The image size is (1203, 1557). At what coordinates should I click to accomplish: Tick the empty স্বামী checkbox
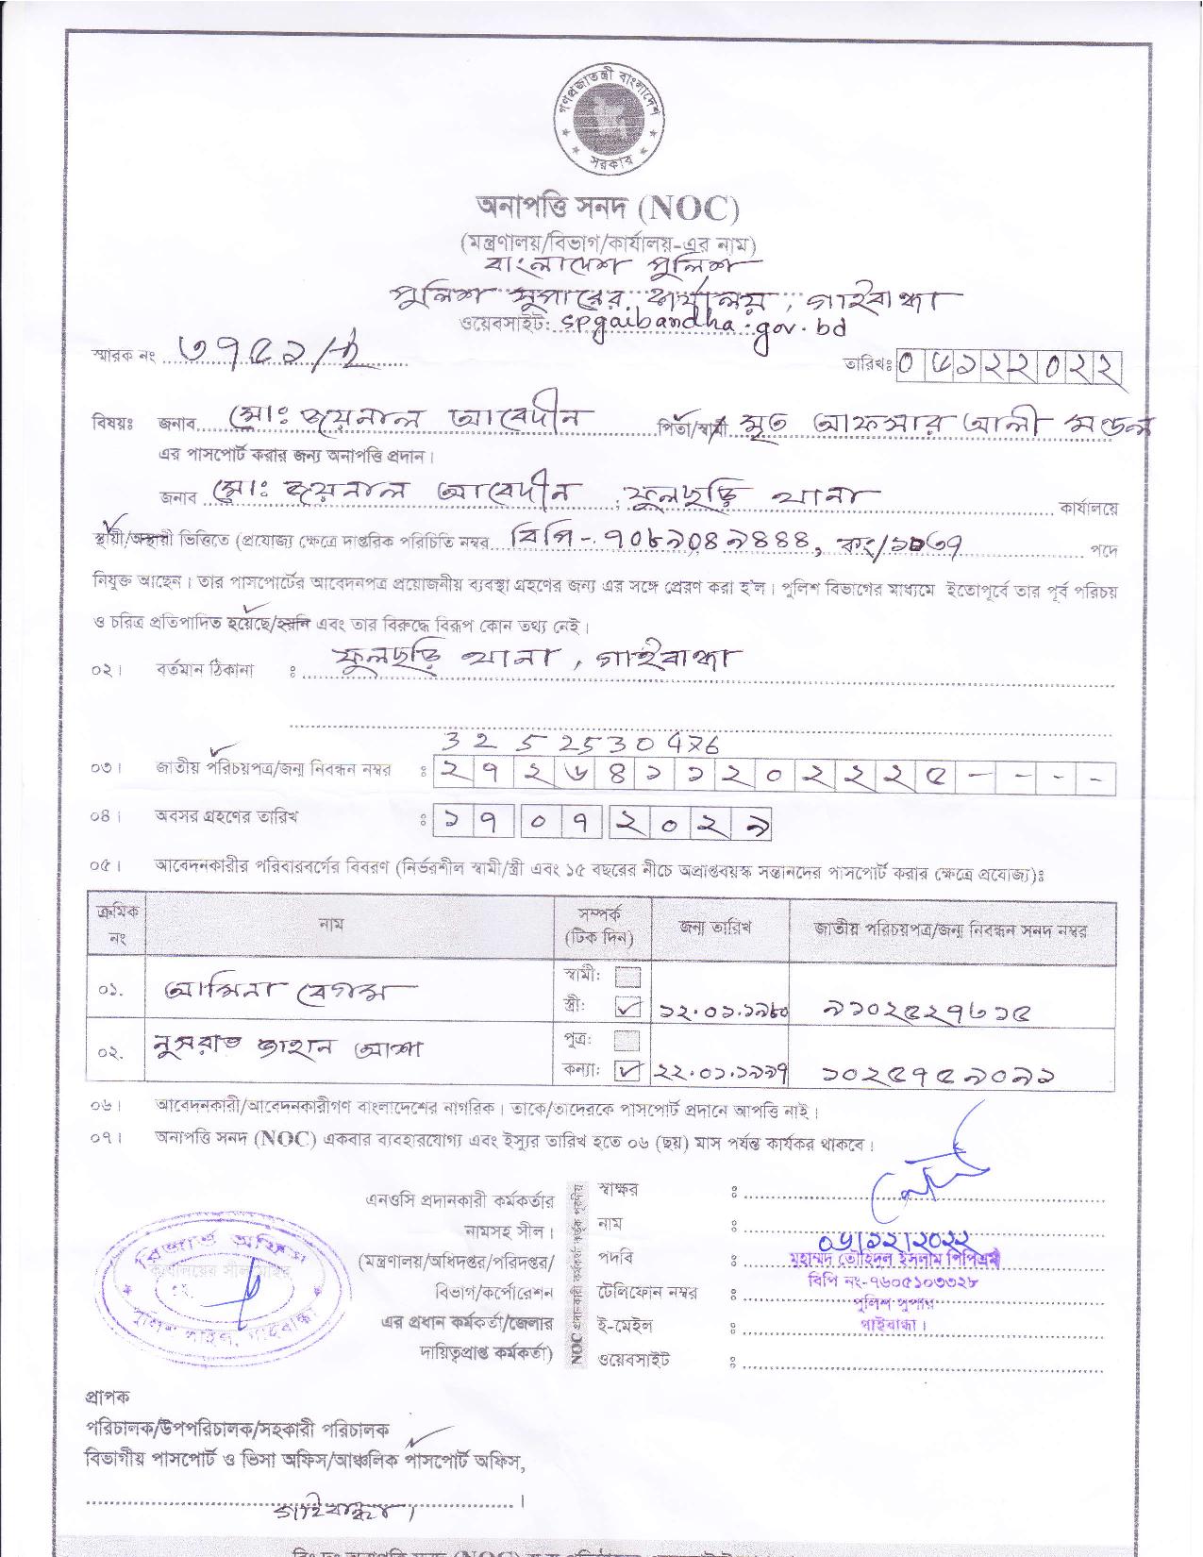[627, 976]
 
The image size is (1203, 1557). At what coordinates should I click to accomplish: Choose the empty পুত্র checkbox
[627, 1040]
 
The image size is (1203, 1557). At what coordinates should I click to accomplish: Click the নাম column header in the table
[332, 927]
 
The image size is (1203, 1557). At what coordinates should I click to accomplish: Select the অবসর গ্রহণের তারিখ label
[226, 817]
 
